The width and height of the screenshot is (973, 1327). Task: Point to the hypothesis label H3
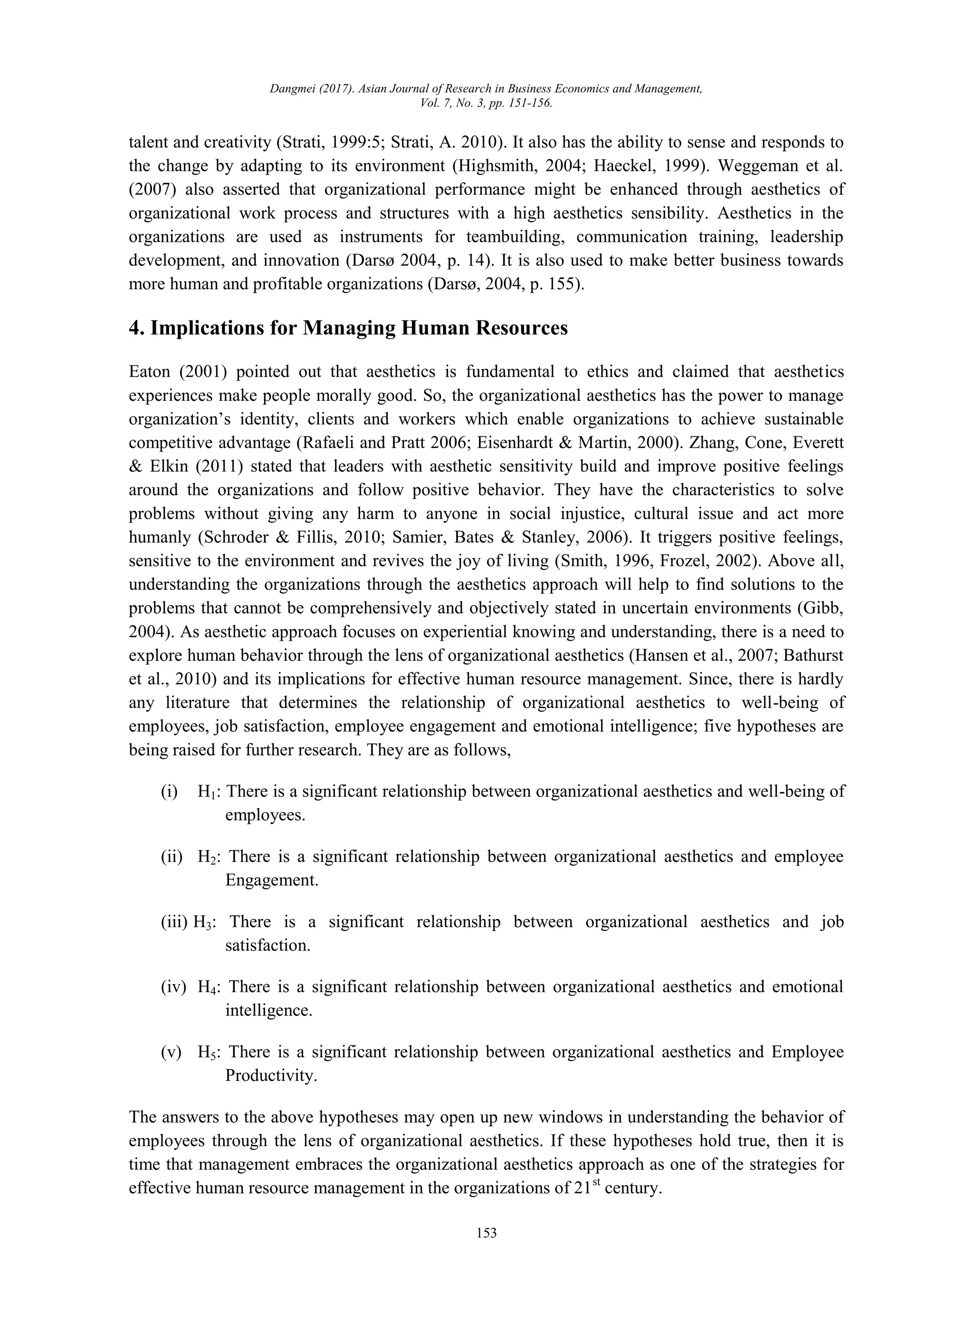click(x=203, y=922)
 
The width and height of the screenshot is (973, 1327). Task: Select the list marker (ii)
click(x=172, y=857)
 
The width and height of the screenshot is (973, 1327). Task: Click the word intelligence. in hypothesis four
click(x=268, y=1010)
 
